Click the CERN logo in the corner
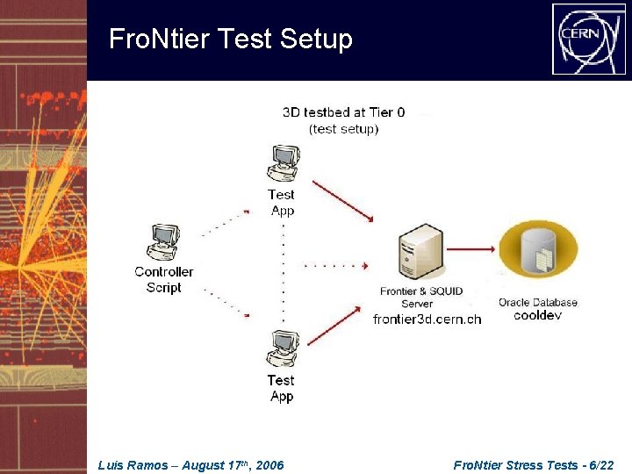(x=588, y=39)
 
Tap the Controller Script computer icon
(x=163, y=242)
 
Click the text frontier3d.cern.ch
(x=427, y=320)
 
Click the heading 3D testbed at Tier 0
(x=343, y=112)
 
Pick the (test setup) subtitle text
(x=343, y=129)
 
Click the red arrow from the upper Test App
(x=343, y=200)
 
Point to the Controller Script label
(x=163, y=279)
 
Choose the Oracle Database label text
(x=538, y=302)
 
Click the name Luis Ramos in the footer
(x=133, y=465)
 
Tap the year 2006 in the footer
(x=269, y=465)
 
